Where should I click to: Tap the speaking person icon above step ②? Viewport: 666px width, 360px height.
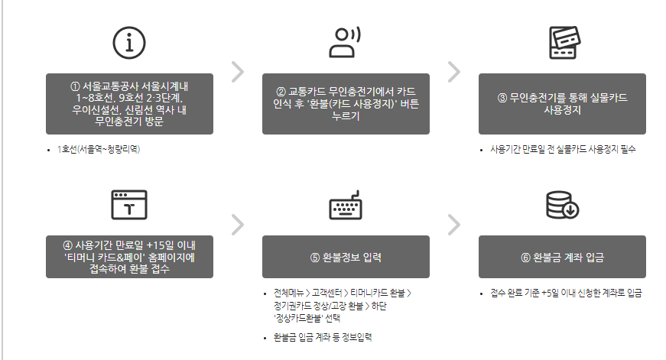click(x=346, y=42)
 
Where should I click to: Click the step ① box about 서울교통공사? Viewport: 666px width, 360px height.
click(x=128, y=104)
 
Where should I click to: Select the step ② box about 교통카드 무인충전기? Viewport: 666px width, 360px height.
click(x=346, y=104)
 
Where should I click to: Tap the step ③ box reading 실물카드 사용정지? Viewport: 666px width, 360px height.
click(x=562, y=104)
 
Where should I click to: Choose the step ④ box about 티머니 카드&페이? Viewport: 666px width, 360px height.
click(x=128, y=256)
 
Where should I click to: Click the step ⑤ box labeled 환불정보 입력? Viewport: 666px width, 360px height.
click(x=346, y=257)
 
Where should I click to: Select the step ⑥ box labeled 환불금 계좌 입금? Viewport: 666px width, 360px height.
click(x=562, y=257)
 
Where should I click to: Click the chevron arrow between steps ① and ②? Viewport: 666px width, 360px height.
click(x=237, y=71)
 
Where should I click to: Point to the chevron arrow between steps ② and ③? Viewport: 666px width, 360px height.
click(x=454, y=71)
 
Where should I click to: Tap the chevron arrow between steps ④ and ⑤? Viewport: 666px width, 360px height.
click(x=237, y=224)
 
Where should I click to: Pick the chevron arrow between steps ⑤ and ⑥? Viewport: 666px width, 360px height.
click(x=454, y=224)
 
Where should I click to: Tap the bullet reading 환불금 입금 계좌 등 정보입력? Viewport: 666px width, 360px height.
click(x=317, y=337)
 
